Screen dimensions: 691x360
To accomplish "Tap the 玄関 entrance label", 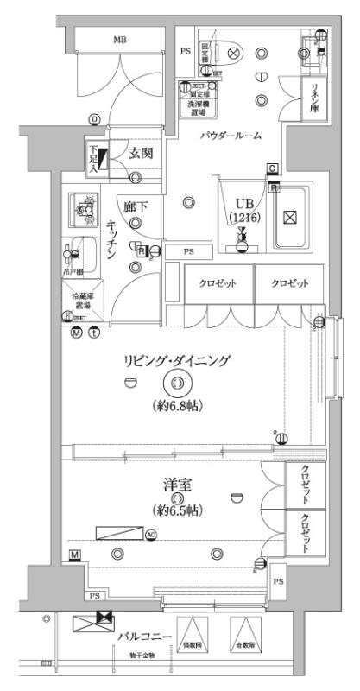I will pyautogui.click(x=141, y=154).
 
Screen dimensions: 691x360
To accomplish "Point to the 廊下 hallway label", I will pyautogui.click(x=135, y=208).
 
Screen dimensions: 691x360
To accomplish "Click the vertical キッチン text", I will pyautogui.click(x=112, y=234).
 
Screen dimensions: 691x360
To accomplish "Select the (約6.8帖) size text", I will pyautogui.click(x=178, y=404).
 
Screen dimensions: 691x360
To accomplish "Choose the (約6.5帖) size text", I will pyautogui.click(x=178, y=510).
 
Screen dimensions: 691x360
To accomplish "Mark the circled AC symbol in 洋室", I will pyautogui.click(x=151, y=535).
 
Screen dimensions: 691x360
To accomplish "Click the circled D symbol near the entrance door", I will pyautogui.click(x=94, y=119).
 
